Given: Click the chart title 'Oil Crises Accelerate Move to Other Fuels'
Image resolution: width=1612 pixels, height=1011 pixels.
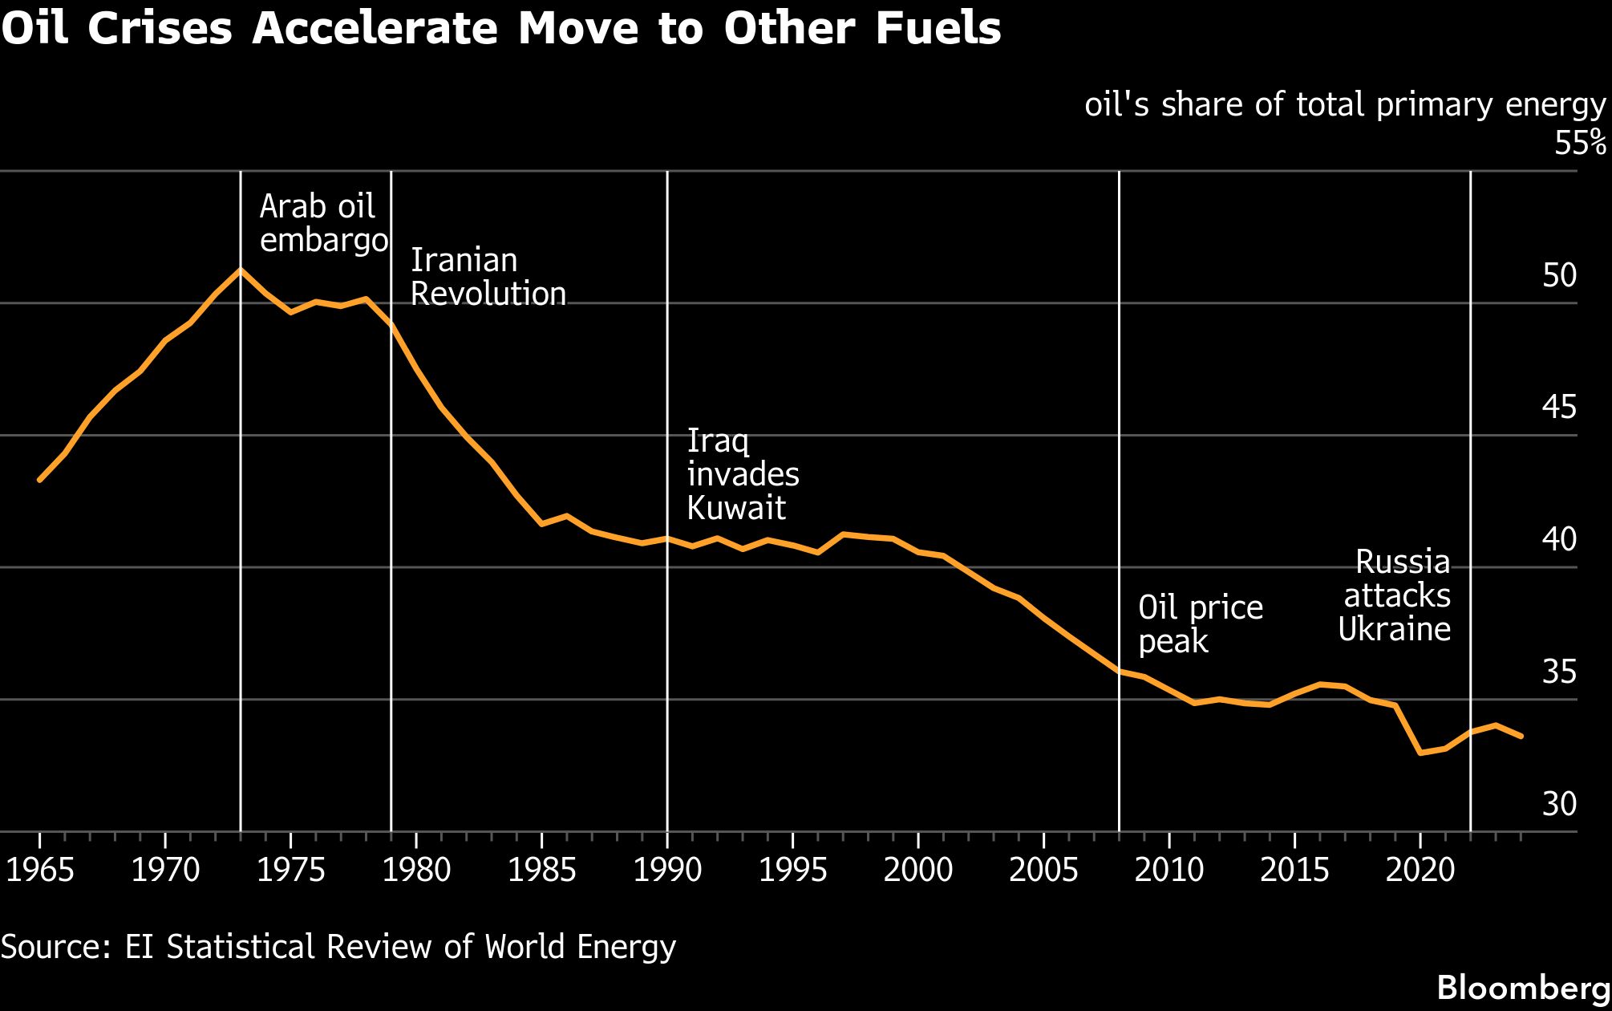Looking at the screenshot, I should [501, 29].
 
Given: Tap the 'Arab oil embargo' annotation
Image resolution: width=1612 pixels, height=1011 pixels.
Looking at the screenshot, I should [323, 223].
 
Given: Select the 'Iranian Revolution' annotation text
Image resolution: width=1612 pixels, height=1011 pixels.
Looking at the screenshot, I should [488, 277].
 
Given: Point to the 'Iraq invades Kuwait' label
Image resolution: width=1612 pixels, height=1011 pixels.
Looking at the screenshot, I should [743, 474].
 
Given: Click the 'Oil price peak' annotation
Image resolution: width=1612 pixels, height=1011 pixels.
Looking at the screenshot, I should [1200, 624].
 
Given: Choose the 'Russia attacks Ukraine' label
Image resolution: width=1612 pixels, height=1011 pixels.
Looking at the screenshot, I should [1395, 595].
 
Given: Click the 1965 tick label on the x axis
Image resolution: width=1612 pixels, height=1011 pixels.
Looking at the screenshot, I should [40, 870].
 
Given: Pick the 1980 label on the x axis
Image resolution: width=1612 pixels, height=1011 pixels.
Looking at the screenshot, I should [416, 870].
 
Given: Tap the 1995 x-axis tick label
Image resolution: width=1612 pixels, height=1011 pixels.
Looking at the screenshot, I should [792, 870].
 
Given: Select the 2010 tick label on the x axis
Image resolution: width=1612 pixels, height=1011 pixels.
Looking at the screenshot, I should [1168, 870].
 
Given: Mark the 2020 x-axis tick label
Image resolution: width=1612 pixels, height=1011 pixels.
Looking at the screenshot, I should [1420, 870].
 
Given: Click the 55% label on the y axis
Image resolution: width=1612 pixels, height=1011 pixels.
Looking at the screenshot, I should [1580, 143].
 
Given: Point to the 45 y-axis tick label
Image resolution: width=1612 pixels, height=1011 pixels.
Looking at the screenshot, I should [1559, 408].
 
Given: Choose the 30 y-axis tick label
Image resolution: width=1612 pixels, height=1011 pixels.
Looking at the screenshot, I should [1559, 804].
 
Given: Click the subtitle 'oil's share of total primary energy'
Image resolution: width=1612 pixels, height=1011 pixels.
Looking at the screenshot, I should [1345, 105].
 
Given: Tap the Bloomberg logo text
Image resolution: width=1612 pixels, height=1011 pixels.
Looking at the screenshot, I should [1523, 988].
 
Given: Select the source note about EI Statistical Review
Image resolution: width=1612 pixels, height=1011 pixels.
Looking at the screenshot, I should [338, 947].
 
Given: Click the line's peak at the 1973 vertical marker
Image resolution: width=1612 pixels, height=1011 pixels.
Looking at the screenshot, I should [241, 270].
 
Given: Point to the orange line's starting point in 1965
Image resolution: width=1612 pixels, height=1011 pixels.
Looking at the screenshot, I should [40, 480].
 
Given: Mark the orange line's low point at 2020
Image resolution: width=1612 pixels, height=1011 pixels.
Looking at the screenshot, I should [1420, 753].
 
